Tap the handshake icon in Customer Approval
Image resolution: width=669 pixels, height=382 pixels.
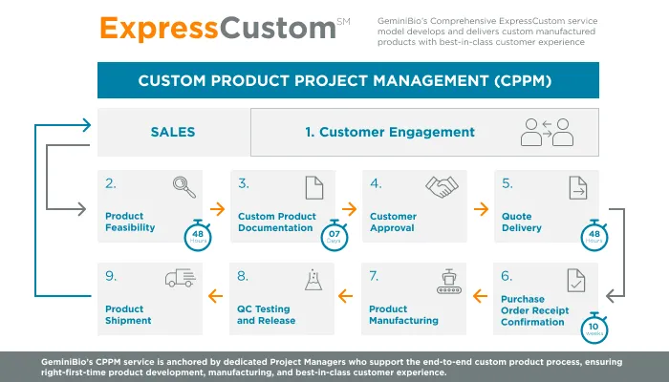tap(441, 186)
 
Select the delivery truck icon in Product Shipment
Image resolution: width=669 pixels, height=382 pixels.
tap(180, 278)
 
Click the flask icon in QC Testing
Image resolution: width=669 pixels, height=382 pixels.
tap(312, 279)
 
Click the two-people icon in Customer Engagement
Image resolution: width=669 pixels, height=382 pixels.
tap(547, 133)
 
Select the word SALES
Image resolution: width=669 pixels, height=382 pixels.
tap(173, 133)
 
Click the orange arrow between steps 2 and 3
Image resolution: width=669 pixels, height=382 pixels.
tap(217, 208)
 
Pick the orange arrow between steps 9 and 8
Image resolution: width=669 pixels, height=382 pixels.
tap(217, 297)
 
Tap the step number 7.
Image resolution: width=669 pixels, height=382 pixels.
tap(375, 276)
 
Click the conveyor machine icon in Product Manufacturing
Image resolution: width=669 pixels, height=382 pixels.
tap(442, 278)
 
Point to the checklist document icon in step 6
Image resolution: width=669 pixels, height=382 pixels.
tap(576, 279)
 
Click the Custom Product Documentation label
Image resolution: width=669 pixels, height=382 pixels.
tap(276, 222)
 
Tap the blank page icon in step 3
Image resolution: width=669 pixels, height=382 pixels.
tap(313, 187)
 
